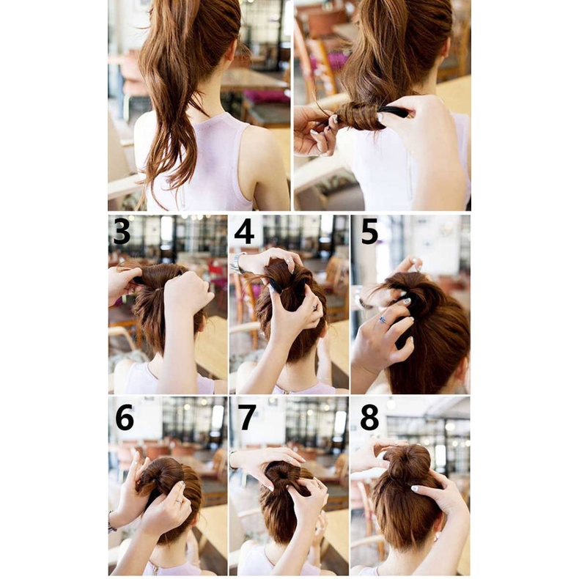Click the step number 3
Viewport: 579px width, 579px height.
pos(122,231)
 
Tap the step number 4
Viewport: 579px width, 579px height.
pos(245,231)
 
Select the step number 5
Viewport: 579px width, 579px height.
pos(369,231)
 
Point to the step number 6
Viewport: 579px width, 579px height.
pos(125,417)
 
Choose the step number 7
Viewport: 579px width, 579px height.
pos(247,417)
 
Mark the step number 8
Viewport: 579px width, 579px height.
pos(369,417)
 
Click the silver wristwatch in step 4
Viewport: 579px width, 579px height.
pos(238,262)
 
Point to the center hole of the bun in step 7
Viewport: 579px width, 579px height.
pos(282,473)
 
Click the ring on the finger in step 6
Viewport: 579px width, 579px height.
pos(178,501)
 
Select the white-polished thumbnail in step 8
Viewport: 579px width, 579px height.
pos(415,488)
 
